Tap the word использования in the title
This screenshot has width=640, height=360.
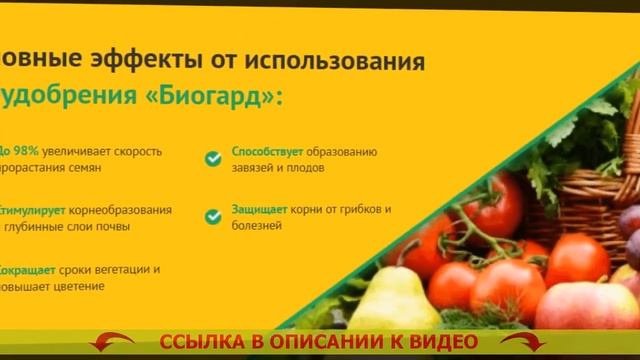point(337,62)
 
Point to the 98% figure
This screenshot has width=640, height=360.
point(24,151)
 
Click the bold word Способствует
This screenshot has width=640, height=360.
point(261,151)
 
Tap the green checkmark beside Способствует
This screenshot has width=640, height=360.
point(212,158)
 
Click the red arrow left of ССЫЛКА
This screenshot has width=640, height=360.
point(111,344)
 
